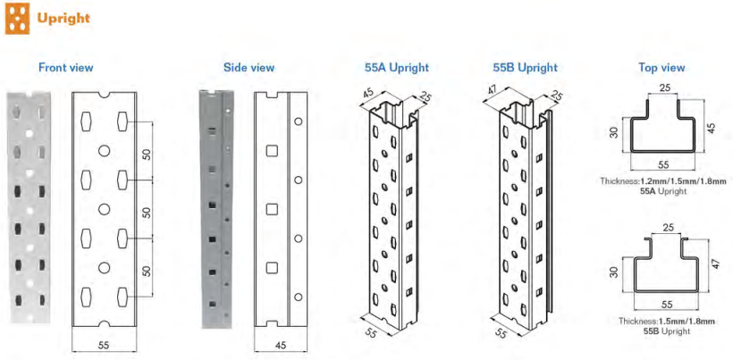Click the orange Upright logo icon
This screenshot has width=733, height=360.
click(17, 19)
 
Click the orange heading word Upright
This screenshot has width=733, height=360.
click(63, 18)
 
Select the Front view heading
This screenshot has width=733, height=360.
click(66, 67)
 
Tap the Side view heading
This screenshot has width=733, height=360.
click(249, 67)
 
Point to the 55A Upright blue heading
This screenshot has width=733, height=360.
click(396, 67)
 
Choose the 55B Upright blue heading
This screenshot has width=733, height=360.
click(526, 67)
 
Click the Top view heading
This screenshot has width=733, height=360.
click(662, 67)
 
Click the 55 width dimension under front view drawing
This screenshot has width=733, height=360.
click(104, 345)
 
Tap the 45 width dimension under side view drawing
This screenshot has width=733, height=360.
click(282, 345)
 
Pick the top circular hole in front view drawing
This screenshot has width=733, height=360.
click(105, 150)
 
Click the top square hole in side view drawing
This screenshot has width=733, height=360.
click(272, 151)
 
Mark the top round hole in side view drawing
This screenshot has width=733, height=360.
click(298, 121)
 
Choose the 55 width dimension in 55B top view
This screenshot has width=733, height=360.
click(667, 305)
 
